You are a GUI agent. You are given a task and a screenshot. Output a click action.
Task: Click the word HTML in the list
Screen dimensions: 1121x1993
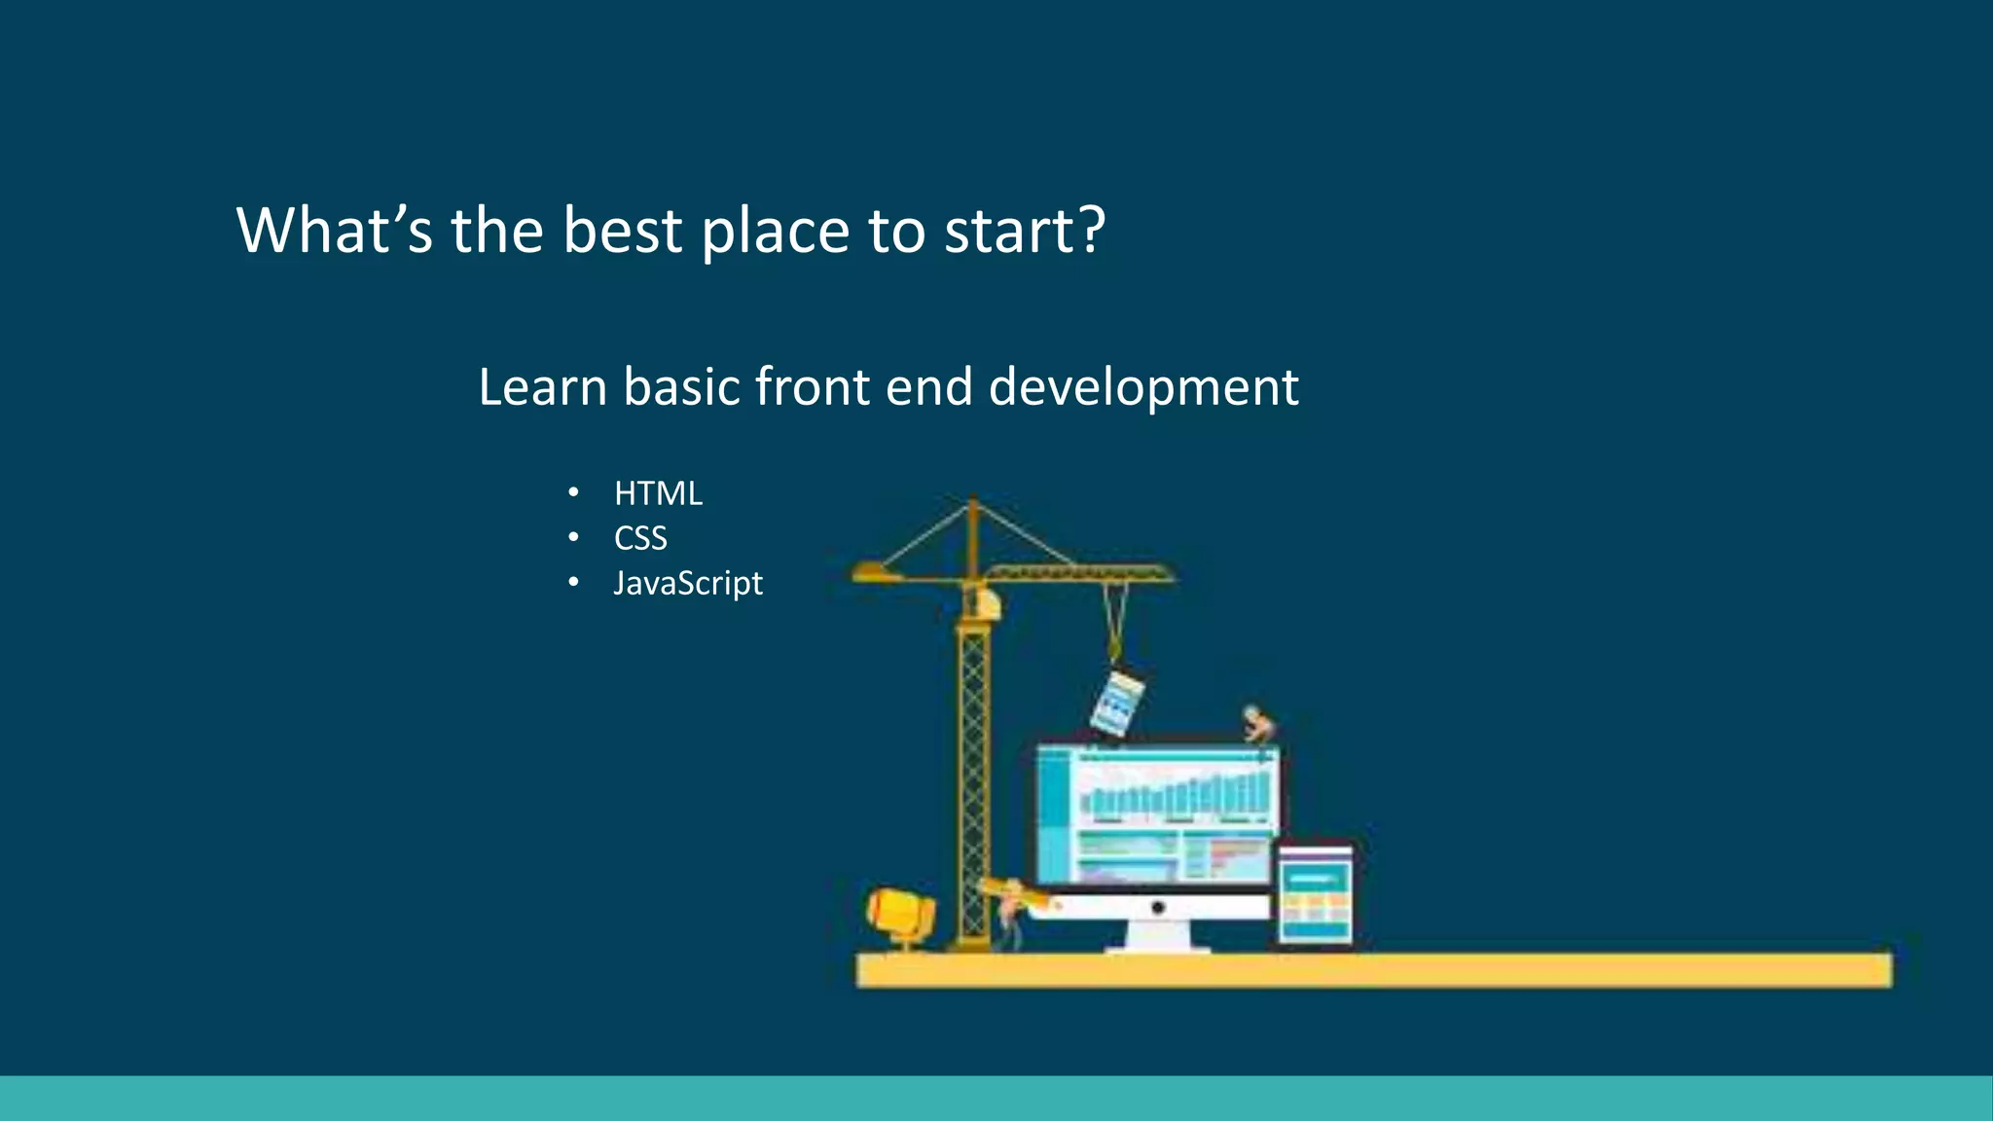(658, 494)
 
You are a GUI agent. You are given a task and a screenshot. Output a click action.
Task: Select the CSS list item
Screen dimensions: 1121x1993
(640, 538)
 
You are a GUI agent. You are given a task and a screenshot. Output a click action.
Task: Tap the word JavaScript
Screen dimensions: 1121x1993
(688, 583)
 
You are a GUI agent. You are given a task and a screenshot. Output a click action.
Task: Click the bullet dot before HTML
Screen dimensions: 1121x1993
(573, 493)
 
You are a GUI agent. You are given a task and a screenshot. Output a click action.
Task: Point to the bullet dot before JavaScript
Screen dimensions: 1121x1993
(573, 583)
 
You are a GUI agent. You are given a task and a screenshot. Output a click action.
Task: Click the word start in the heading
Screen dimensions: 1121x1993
(1007, 232)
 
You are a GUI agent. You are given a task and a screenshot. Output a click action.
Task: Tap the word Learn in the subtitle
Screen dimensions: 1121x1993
(542, 386)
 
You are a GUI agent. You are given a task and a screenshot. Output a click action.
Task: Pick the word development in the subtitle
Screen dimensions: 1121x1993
(1143, 388)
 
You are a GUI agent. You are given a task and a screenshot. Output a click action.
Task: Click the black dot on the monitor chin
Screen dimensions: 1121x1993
(1157, 908)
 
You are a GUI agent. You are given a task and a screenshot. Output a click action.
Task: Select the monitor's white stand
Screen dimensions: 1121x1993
(1158, 936)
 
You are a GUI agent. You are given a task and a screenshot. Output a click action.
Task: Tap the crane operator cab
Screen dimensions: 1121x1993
(986, 604)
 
